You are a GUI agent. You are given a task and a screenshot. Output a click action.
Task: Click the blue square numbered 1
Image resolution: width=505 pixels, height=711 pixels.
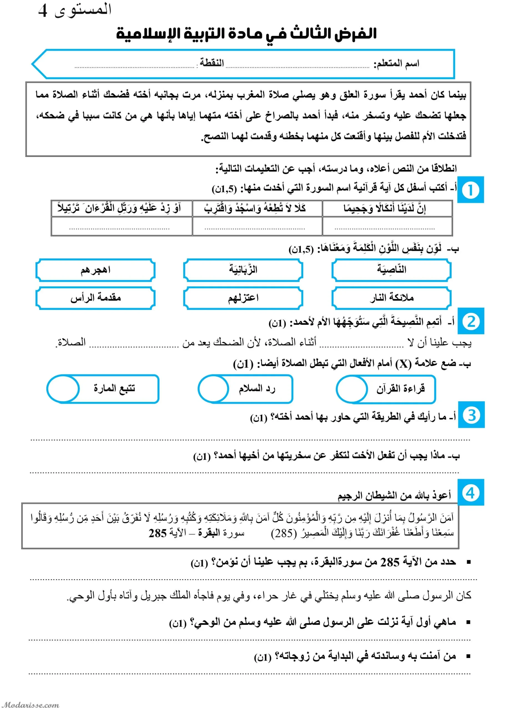click(471, 189)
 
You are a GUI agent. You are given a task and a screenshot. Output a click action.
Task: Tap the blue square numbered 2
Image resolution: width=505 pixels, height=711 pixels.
click(471, 321)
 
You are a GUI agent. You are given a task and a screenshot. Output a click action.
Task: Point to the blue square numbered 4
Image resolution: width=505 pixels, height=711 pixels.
click(471, 493)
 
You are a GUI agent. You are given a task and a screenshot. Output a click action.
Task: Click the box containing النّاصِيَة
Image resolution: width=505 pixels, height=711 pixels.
click(391, 270)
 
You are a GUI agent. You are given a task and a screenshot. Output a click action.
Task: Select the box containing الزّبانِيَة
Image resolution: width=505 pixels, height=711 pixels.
click(243, 270)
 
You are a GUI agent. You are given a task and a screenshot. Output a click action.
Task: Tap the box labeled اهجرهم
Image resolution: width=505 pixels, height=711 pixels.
click(95, 270)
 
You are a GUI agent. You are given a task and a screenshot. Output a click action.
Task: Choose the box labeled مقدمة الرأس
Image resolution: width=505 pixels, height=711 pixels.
click(95, 298)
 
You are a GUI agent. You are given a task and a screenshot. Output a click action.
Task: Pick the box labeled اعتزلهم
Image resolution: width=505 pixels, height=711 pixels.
click(243, 298)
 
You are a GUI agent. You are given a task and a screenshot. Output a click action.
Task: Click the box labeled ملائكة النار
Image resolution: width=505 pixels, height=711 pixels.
click(391, 298)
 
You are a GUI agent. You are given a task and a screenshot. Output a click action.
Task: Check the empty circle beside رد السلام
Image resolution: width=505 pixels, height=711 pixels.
click(213, 389)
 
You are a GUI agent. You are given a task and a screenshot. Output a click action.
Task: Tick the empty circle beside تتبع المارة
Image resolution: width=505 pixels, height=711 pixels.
click(63, 389)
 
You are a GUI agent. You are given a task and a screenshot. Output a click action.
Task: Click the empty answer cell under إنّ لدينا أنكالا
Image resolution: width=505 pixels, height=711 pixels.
click(387, 226)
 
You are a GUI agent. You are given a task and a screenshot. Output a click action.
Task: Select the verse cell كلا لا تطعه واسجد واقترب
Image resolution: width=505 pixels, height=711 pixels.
click(257, 208)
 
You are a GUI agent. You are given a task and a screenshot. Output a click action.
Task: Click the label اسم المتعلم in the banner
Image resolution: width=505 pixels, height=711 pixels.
click(396, 64)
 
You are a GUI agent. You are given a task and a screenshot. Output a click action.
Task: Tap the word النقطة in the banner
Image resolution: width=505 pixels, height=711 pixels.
click(212, 63)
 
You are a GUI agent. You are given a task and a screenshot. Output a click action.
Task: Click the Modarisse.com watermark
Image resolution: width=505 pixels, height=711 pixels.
click(30, 705)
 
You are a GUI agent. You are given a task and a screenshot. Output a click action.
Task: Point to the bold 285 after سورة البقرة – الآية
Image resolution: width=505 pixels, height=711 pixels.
click(158, 533)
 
